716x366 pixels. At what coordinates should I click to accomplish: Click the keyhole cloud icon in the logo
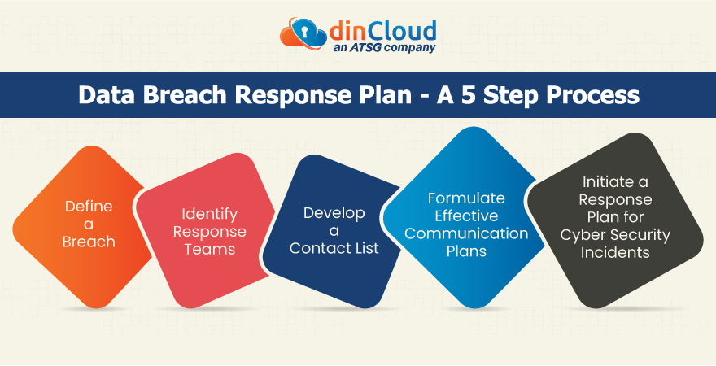pyautogui.click(x=303, y=35)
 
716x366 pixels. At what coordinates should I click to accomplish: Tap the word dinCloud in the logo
pyautogui.click(x=382, y=31)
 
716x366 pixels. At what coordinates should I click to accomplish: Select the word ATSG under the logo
pyautogui.click(x=365, y=47)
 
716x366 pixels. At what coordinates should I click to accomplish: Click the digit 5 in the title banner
pyautogui.click(x=469, y=95)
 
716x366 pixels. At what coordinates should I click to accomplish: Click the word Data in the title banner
pyautogui.click(x=107, y=95)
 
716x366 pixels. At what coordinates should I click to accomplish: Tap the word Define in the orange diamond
pyautogui.click(x=89, y=207)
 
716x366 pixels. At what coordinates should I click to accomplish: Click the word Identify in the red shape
pyautogui.click(x=210, y=215)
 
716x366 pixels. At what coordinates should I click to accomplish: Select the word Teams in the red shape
pyautogui.click(x=210, y=249)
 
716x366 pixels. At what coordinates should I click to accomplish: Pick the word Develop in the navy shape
pyautogui.click(x=334, y=214)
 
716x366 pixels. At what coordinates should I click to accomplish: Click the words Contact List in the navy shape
pyautogui.click(x=334, y=248)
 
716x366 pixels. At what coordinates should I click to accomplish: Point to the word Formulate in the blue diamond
pyautogui.click(x=466, y=198)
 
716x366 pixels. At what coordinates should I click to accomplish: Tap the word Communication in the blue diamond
pyautogui.click(x=466, y=233)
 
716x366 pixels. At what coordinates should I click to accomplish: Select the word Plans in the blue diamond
pyautogui.click(x=466, y=251)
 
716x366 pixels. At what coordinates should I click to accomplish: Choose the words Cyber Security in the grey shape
pyautogui.click(x=615, y=236)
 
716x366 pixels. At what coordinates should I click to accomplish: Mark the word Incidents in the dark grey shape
pyautogui.click(x=615, y=252)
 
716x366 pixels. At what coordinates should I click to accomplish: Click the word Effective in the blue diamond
pyautogui.click(x=466, y=216)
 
